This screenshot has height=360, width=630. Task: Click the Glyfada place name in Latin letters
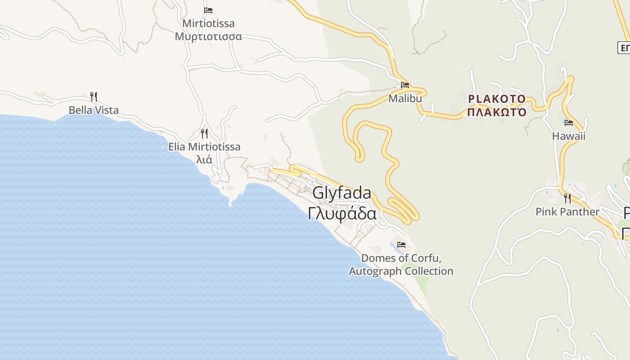[342, 193]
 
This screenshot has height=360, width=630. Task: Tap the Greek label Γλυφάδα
[342, 213]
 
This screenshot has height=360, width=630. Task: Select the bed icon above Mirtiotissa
[208, 10]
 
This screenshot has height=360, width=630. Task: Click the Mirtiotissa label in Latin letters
[208, 23]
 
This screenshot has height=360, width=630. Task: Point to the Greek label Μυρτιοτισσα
[208, 36]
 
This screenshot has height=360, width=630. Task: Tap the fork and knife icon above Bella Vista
[94, 97]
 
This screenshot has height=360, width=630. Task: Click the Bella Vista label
[94, 110]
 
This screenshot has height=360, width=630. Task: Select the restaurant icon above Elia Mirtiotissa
[204, 134]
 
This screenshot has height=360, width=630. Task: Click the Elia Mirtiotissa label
[204, 147]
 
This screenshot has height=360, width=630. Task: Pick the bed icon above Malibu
[405, 85]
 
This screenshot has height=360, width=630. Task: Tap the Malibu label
[405, 99]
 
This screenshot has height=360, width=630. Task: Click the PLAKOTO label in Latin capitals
[496, 99]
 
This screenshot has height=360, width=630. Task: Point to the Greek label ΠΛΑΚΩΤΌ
[496, 112]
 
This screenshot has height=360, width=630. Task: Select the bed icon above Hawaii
[569, 123]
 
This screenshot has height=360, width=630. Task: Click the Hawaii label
[569, 136]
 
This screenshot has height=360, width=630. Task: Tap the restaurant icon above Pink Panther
[567, 198]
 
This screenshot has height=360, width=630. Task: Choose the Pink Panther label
[567, 212]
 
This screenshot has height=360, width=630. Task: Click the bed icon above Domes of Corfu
[401, 245]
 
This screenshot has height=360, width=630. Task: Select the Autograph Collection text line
[401, 271]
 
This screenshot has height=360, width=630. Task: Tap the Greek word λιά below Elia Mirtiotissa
[204, 159]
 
